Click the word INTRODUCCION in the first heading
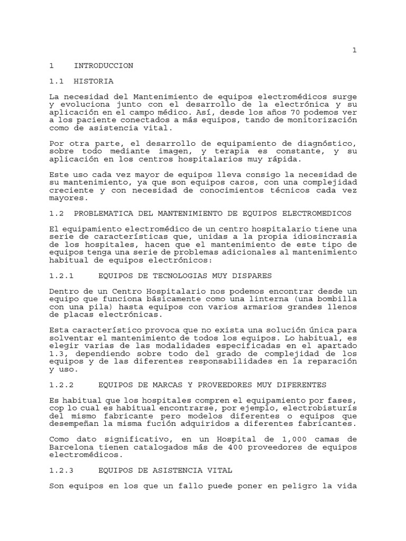tap(104, 66)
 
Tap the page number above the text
tap(355, 50)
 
